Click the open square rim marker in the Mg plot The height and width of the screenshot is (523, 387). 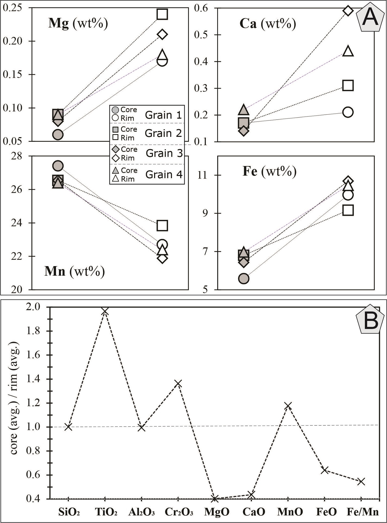pyautogui.click(x=162, y=14)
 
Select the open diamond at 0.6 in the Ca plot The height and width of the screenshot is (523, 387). pyautogui.click(x=348, y=11)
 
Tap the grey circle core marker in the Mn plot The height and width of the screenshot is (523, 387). pyautogui.click(x=58, y=166)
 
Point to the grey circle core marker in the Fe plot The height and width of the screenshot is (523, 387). pyautogui.click(x=244, y=278)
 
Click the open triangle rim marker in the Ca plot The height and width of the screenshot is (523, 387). pyautogui.click(x=348, y=51)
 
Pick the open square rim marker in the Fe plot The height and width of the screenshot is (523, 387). pyautogui.click(x=348, y=210)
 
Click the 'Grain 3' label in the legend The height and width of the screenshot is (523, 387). pyautogui.click(x=164, y=153)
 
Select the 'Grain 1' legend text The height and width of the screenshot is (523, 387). pyautogui.click(x=163, y=115)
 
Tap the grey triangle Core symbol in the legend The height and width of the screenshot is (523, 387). pyautogui.click(x=116, y=170)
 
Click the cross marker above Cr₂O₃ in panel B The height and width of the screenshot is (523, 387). pyautogui.click(x=178, y=384)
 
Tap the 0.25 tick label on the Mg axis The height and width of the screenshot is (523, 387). pyautogui.click(x=12, y=8)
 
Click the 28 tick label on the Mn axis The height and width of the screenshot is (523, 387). pyautogui.click(x=17, y=156)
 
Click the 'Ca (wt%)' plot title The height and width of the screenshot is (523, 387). pyautogui.click(x=268, y=24)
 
